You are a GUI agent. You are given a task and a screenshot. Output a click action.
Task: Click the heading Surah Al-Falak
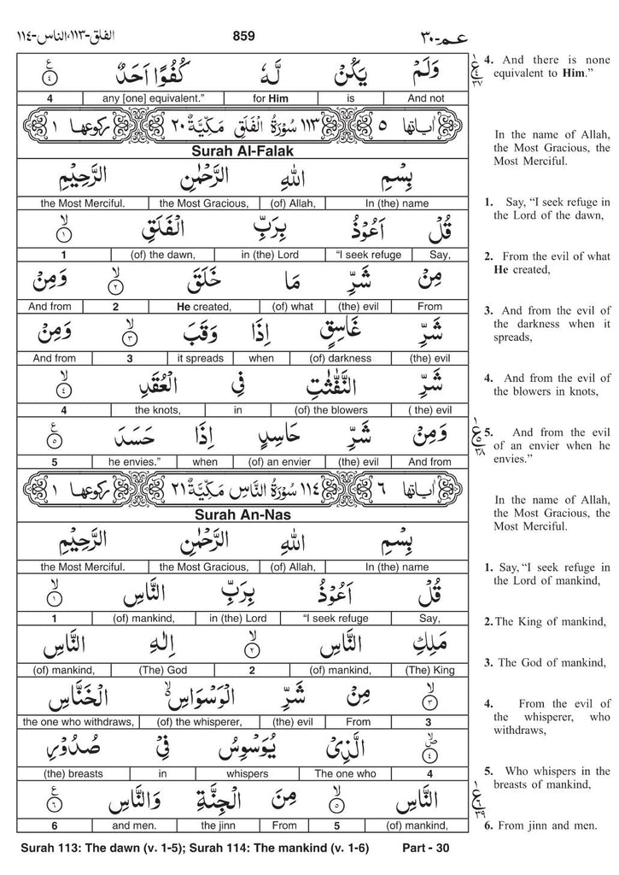coord(242,152)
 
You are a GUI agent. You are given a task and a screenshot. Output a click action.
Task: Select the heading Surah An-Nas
coord(242,515)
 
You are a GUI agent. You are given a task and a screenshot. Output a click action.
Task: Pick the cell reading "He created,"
coord(203,306)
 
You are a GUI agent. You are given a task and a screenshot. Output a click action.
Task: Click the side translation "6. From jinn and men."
coord(533,825)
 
